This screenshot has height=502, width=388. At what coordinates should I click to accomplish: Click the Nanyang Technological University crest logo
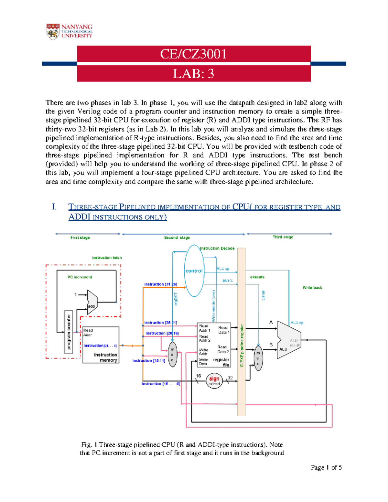coord(53,32)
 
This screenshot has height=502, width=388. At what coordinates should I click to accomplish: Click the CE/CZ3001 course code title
coord(193,54)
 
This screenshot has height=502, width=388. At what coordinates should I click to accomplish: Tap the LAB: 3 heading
coord(193,74)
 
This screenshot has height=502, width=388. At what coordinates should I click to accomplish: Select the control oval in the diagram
coord(194,271)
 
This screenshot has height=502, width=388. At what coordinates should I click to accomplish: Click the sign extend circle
coord(214,381)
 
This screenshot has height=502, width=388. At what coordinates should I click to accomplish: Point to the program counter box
coord(69,332)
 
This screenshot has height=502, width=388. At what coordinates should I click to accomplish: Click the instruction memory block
coord(101,345)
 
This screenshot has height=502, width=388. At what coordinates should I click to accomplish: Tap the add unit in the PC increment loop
coord(92,302)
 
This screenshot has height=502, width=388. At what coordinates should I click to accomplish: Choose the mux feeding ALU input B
coord(258,358)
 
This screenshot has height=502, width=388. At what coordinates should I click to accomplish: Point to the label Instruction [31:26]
coord(160,284)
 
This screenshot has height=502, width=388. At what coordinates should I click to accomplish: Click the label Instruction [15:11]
coord(149,361)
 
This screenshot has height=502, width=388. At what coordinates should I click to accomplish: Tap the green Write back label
coord(312,288)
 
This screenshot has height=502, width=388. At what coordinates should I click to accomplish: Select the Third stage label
coord(283,237)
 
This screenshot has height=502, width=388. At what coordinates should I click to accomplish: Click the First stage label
coord(80,238)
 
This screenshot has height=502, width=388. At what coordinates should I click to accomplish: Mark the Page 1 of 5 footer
coord(326,467)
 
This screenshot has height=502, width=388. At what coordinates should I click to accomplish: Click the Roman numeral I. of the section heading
coord(54,207)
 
